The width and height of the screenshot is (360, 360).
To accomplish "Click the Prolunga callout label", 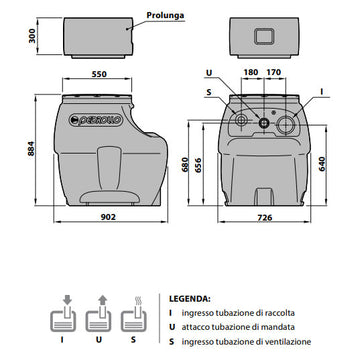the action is pos(165,15).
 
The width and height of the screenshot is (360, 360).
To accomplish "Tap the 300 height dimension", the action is pos(32,35).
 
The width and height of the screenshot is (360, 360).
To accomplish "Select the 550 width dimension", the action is pos(99,74).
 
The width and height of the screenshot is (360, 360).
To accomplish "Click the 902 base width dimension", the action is pos(108,217).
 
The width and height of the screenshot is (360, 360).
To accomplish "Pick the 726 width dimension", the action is pos(265,218).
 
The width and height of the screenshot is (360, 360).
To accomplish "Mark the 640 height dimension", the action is pos(322,164).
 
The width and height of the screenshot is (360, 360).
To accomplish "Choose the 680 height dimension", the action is pos(185,164).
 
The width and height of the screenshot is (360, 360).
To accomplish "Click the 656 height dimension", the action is pos(199,164).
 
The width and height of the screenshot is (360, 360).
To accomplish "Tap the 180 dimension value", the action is pos(251,72).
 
